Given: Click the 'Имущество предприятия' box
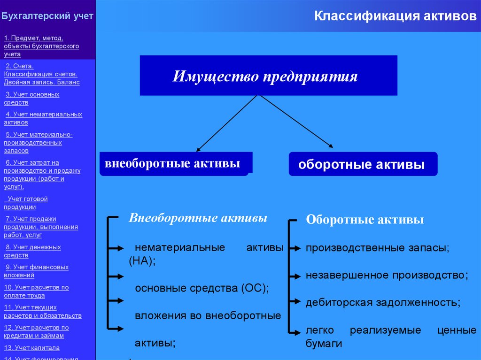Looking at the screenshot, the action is pos(268,76).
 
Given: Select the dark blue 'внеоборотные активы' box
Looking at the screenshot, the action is pos(174,164).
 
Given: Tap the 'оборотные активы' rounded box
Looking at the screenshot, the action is pos(362,164).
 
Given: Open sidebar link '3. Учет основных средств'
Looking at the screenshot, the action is pos(32,98).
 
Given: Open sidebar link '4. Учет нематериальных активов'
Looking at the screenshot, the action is pos(43,118).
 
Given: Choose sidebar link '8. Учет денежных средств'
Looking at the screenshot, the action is pos(32,251).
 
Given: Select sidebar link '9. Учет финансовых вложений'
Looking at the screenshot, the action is pos(36,271).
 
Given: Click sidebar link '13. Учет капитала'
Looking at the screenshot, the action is pos(31,348).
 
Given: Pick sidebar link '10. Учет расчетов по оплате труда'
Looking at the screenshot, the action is pos(36,291).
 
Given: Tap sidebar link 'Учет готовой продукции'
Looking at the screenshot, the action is pos(27,203).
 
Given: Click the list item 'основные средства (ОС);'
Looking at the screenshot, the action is pos(202,288).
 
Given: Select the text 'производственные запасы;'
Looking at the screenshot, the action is pos(378,248).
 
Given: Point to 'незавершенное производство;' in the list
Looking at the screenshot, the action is pos(387,275).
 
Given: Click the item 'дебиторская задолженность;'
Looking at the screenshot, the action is pos(383,303).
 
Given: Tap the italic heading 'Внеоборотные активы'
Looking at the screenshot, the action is pos(198,218).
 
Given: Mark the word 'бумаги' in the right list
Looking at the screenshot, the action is pos(324,344).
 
